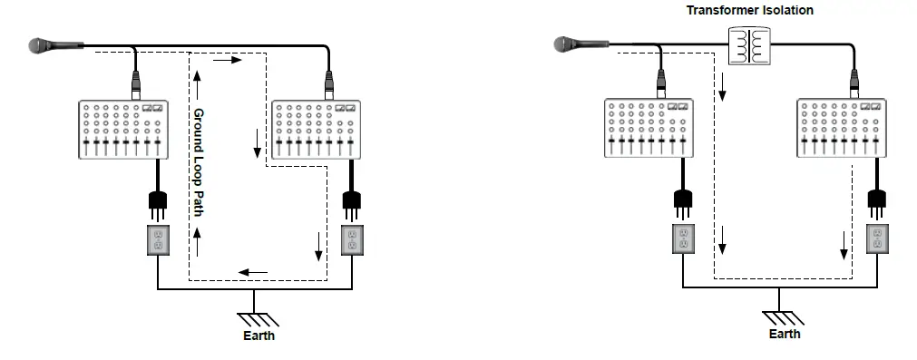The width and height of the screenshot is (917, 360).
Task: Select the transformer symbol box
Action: (749, 45)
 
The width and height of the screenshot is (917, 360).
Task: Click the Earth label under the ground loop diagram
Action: (259, 336)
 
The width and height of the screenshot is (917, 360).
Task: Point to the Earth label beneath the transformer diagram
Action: (785, 335)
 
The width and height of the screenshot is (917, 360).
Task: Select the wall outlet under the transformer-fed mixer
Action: (876, 239)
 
